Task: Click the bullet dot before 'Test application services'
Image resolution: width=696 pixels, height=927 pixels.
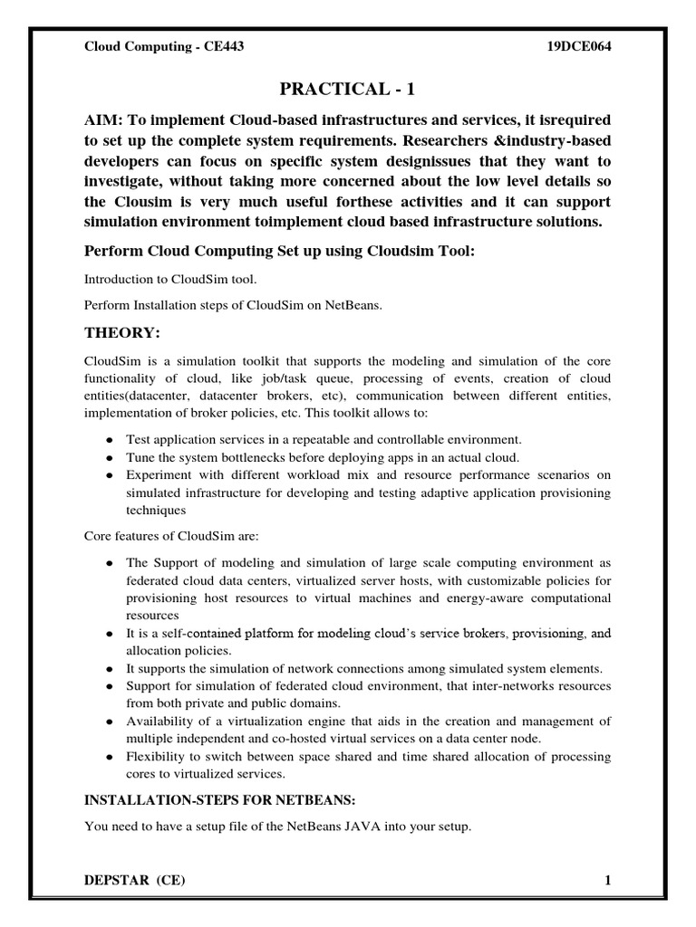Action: [x=110, y=438]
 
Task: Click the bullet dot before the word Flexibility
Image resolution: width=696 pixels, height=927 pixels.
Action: [x=110, y=757]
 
